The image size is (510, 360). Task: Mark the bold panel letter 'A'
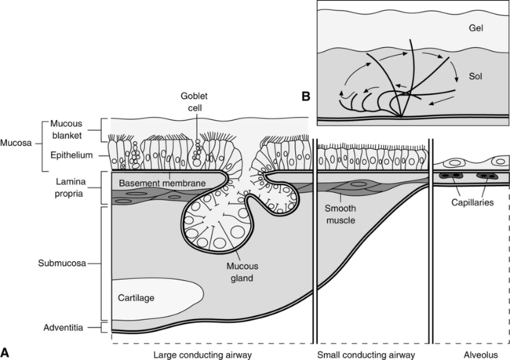coord(6,351)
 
